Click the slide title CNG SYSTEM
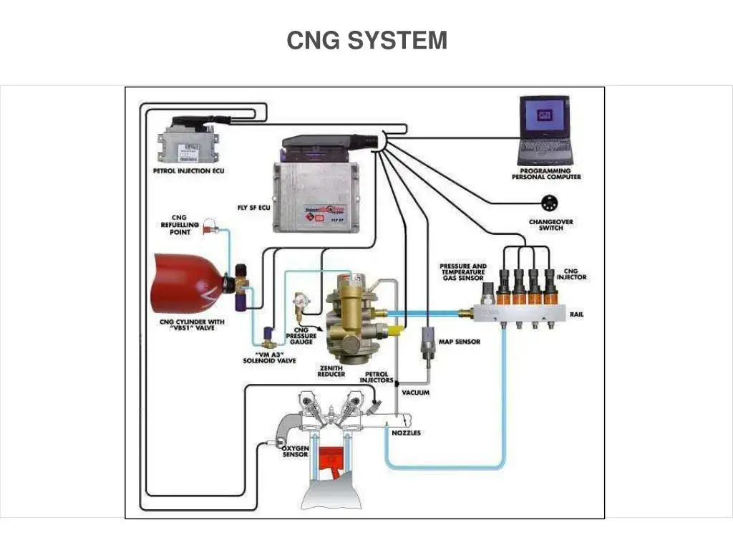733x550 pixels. pos(366,41)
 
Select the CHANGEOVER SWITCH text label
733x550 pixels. pos(550,225)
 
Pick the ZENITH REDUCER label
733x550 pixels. pos(331,370)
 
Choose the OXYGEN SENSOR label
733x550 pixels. pos(295,451)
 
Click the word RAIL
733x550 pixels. pos(576,314)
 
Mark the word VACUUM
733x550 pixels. pos(416,392)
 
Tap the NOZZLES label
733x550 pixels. pos(406,433)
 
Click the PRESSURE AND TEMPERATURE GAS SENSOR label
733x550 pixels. pos(463,272)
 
